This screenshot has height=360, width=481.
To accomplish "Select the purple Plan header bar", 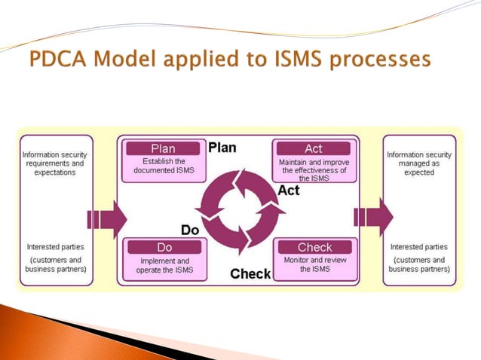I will pos(164,148).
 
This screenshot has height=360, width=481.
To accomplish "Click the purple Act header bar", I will pos(314,148).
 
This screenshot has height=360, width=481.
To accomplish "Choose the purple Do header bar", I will pos(164,247).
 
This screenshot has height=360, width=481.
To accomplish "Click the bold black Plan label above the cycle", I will pos(222,146).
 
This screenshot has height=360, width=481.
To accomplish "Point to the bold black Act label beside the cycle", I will pos(289,190).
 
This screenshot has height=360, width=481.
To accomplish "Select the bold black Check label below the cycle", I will pos(250,273).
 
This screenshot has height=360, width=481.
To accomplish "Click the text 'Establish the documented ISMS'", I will pos(164,166).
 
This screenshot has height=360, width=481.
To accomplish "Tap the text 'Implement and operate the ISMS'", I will pos(164,265).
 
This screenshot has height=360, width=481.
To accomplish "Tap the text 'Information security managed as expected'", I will pos(419,163).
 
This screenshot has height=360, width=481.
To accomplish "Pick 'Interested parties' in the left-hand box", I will pos(55,246).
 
